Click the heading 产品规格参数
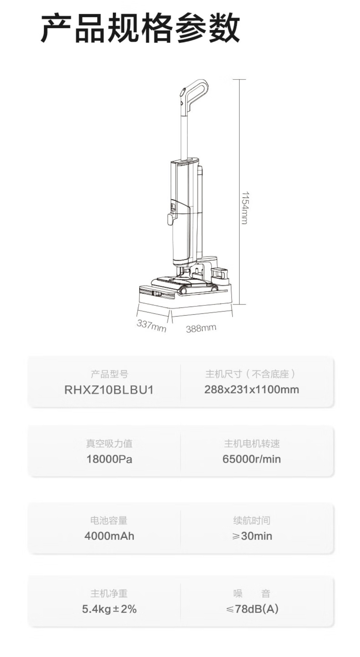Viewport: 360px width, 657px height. [140, 28]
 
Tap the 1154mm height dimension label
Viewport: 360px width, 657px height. [245, 208]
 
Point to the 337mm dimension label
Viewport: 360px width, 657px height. [151, 325]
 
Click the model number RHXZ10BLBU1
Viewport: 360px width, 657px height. [109, 390]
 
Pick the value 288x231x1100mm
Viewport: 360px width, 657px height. [252, 390]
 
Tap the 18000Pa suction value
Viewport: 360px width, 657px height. [109, 459]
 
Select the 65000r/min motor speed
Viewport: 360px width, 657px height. [252, 459]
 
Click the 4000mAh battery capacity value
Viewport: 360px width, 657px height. [109, 536]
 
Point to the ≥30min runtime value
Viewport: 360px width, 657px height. [252, 536]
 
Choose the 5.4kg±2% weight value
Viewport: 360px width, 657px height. [109, 609]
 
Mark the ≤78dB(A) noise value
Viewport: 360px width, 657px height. [252, 609]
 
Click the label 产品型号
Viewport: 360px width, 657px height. [109, 374]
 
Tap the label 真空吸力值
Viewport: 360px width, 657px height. [109, 444]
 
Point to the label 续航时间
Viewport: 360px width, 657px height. [252, 520]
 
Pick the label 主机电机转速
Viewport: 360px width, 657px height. [252, 444]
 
